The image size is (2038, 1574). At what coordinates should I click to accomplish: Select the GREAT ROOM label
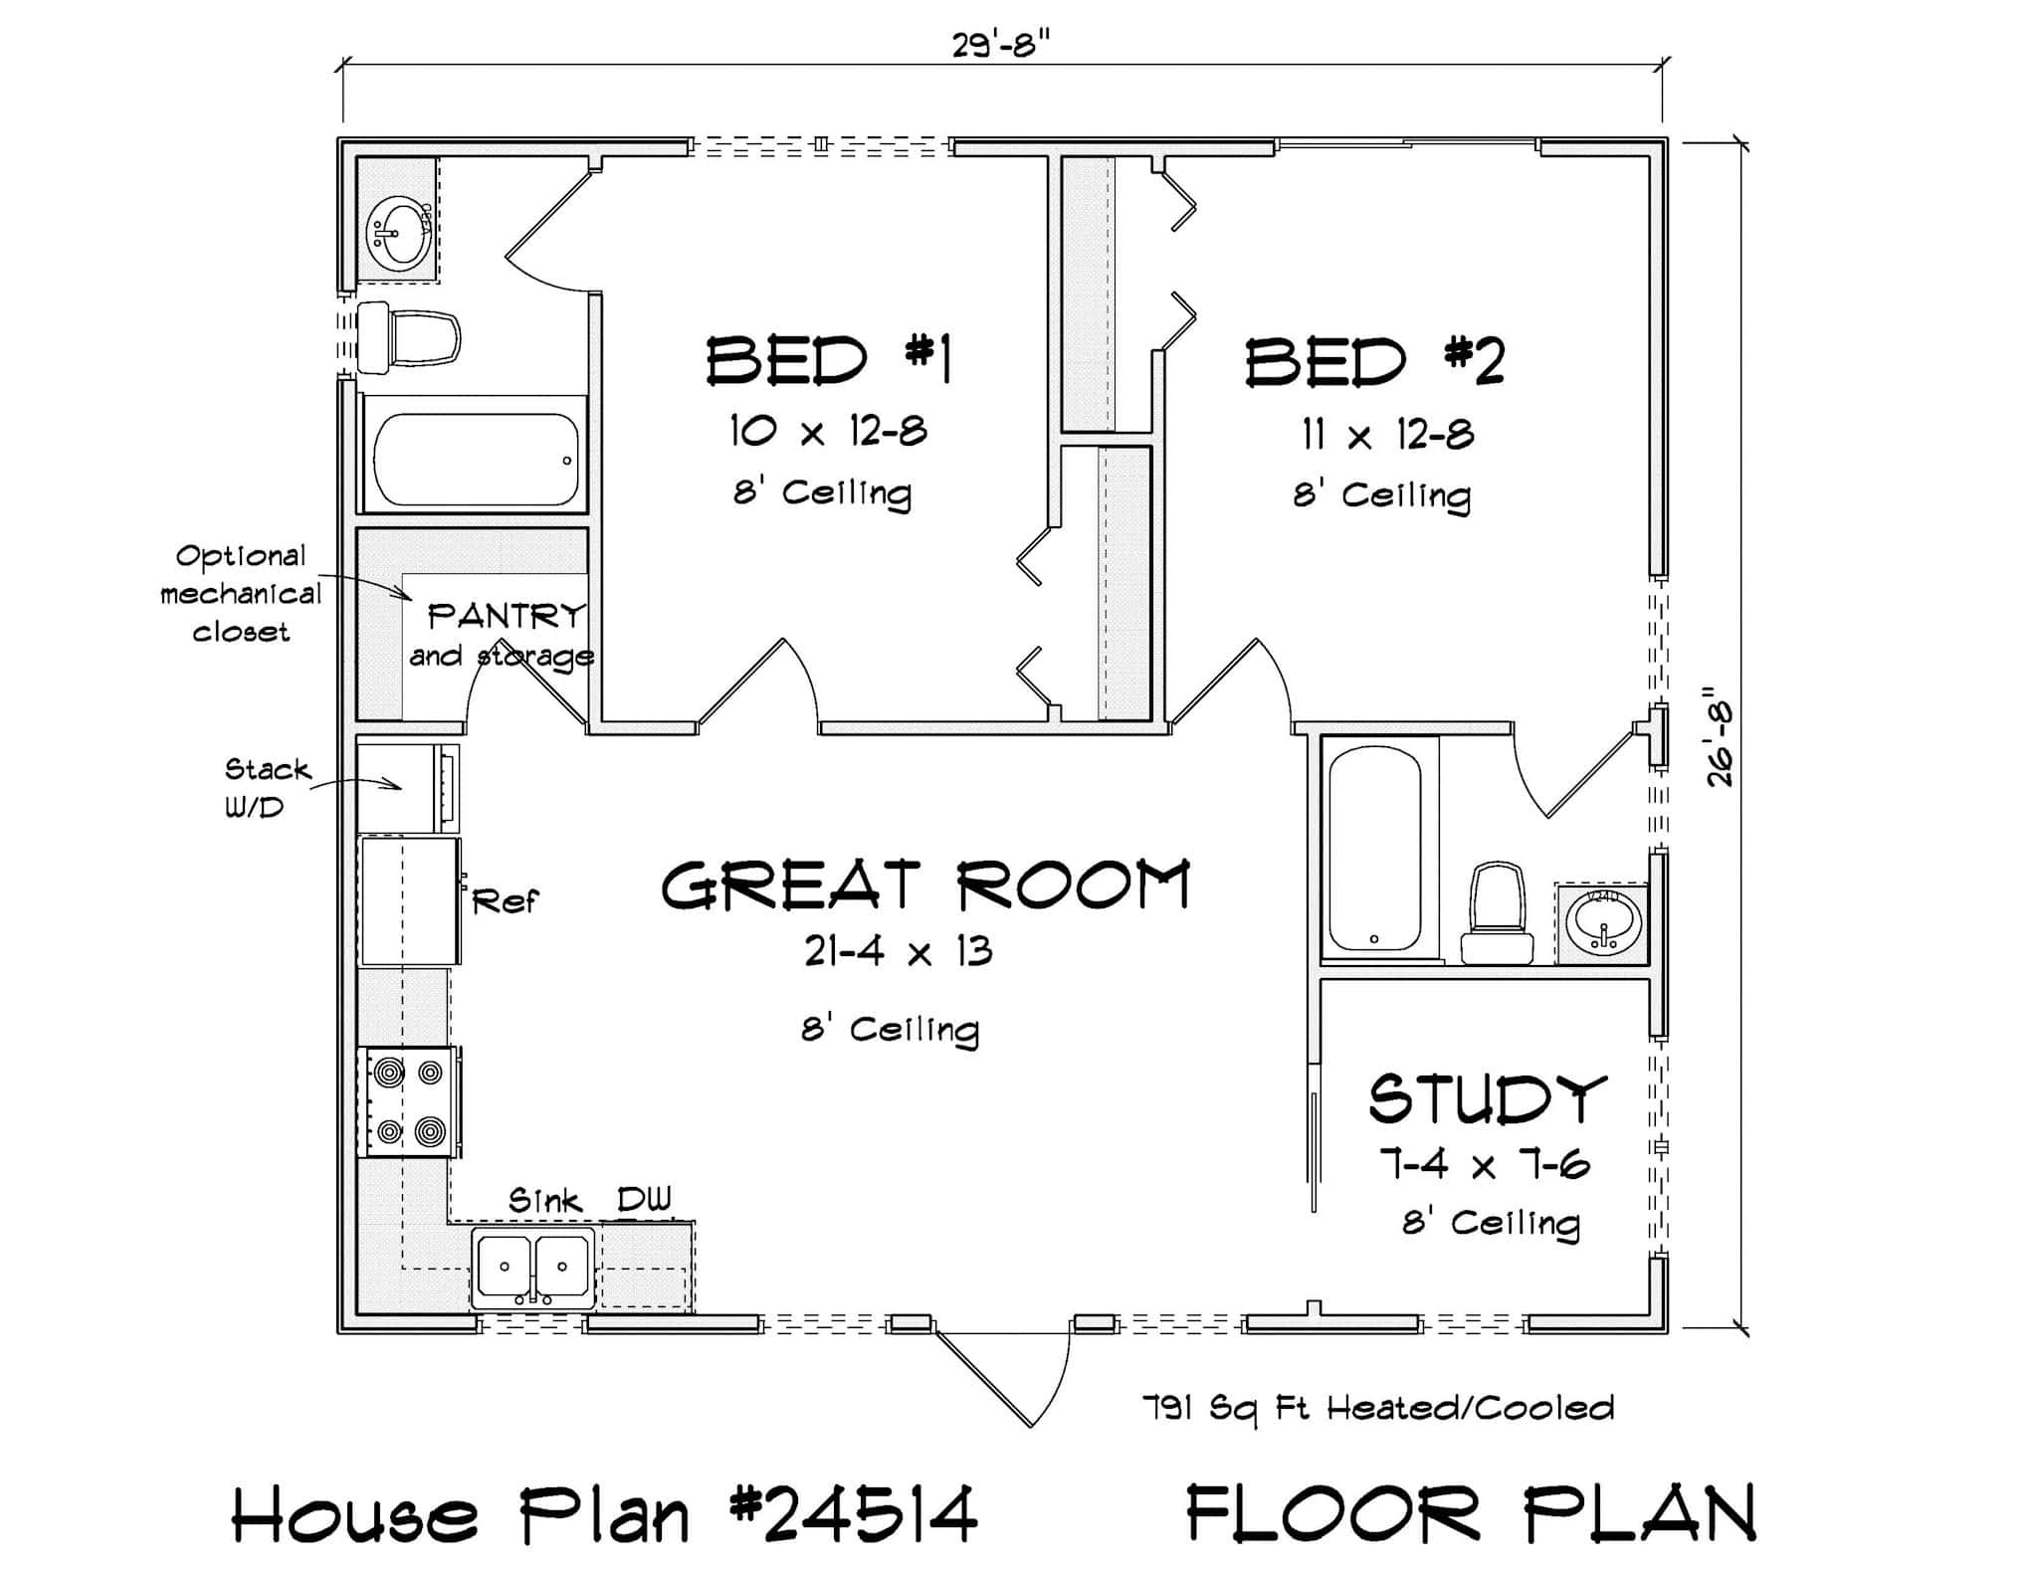[925, 885]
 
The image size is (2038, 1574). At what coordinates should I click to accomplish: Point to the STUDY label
[1487, 1099]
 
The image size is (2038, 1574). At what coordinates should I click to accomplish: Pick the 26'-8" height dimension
[1720, 733]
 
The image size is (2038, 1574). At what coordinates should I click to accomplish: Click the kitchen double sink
[533, 1267]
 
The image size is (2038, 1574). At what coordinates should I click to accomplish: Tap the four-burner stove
[409, 1101]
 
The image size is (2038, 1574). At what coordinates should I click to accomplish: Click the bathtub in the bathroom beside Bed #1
[475, 459]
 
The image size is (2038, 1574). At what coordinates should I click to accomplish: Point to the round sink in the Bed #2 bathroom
[1603, 922]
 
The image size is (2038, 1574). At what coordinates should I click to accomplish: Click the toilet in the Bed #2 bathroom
[1497, 912]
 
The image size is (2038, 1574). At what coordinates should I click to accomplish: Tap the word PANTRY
[506, 616]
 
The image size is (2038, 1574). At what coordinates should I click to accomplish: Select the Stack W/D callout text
[267, 787]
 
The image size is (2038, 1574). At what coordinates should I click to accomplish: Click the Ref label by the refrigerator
[505, 901]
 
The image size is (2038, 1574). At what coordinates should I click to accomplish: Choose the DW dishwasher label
[644, 1200]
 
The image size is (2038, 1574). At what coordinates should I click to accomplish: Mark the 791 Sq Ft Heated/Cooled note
[1377, 1408]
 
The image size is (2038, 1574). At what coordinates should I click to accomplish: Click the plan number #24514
[854, 1515]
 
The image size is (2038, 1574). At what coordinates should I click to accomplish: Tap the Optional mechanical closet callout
[240, 593]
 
